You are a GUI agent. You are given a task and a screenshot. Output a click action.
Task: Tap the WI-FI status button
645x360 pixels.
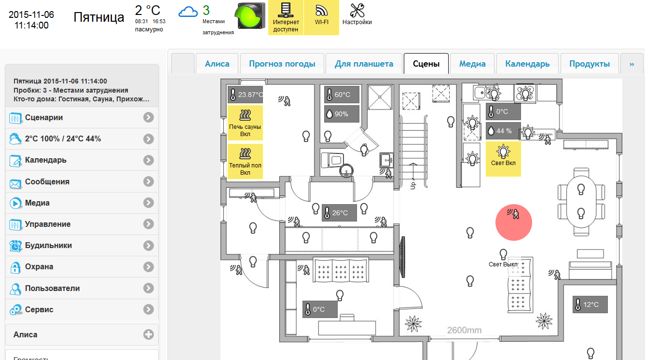321,17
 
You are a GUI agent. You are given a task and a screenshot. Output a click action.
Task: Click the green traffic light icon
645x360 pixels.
250,16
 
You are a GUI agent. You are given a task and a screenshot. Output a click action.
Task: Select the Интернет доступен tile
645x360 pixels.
286,17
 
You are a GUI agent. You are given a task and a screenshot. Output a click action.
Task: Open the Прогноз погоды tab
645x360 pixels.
282,64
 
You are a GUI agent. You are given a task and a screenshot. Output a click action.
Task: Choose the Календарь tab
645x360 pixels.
527,64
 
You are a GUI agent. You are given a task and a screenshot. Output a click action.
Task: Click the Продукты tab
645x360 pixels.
589,64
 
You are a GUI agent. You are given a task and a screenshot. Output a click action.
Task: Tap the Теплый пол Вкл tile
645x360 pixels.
245,161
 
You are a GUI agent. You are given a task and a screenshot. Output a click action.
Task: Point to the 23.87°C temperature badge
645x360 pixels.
246,95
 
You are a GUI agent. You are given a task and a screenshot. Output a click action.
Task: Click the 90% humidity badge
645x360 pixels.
342,114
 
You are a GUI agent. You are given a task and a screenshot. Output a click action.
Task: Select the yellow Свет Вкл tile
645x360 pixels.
503,159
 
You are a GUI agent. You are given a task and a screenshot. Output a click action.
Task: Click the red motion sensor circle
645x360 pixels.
514,222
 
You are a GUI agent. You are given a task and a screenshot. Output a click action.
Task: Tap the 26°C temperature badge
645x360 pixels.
339,213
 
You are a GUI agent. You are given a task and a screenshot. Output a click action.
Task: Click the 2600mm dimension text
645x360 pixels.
464,331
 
